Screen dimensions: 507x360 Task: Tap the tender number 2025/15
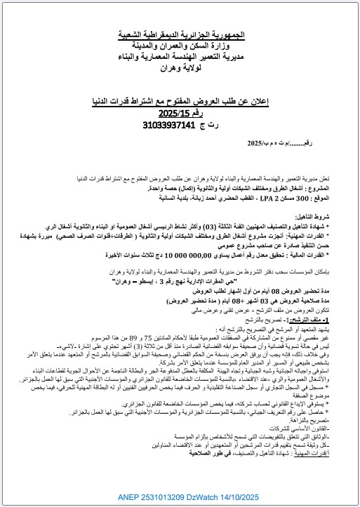point(174,114)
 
